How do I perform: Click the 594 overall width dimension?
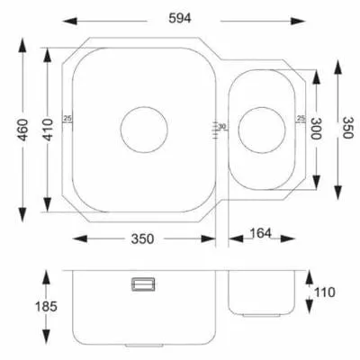180,19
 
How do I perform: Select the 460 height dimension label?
22,130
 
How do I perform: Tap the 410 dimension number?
48,130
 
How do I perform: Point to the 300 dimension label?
316,129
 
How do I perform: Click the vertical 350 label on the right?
348,128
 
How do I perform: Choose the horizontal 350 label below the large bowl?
142,239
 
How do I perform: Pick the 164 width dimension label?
260,233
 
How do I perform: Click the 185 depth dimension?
46,307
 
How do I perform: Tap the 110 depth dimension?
324,292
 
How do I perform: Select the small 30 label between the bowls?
222,127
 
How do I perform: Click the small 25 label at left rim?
68,119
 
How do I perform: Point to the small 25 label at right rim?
301,118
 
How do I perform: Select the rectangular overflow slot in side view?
143,284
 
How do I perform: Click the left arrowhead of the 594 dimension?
69,22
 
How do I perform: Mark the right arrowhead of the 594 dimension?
298,22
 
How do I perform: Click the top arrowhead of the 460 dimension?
22,47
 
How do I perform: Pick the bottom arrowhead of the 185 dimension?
46,337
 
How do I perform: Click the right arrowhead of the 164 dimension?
288,238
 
